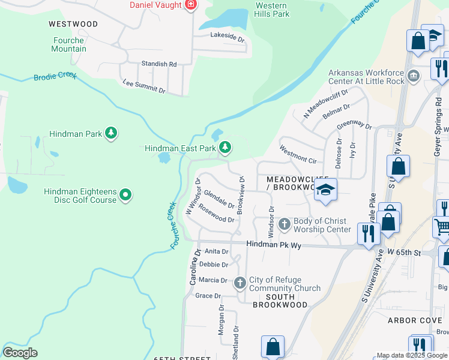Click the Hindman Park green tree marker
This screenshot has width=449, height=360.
[110, 133]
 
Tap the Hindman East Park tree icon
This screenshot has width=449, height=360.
[225, 147]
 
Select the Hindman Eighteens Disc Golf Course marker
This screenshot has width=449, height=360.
[125, 194]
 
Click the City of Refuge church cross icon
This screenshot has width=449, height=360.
[240, 283]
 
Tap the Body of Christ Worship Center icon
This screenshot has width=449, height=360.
[285, 224]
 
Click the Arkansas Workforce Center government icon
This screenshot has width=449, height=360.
[414, 77]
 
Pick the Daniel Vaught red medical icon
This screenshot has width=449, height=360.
[191, 5]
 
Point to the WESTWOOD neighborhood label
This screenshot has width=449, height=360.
[73, 24]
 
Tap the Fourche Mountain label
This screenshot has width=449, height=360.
[68, 44]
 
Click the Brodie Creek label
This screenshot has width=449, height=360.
[55, 77]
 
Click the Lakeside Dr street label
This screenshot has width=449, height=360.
[228, 37]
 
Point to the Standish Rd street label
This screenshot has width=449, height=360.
[159, 64]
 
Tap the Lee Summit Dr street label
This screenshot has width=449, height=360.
[143, 85]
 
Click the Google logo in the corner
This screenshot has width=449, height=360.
[20, 353]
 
